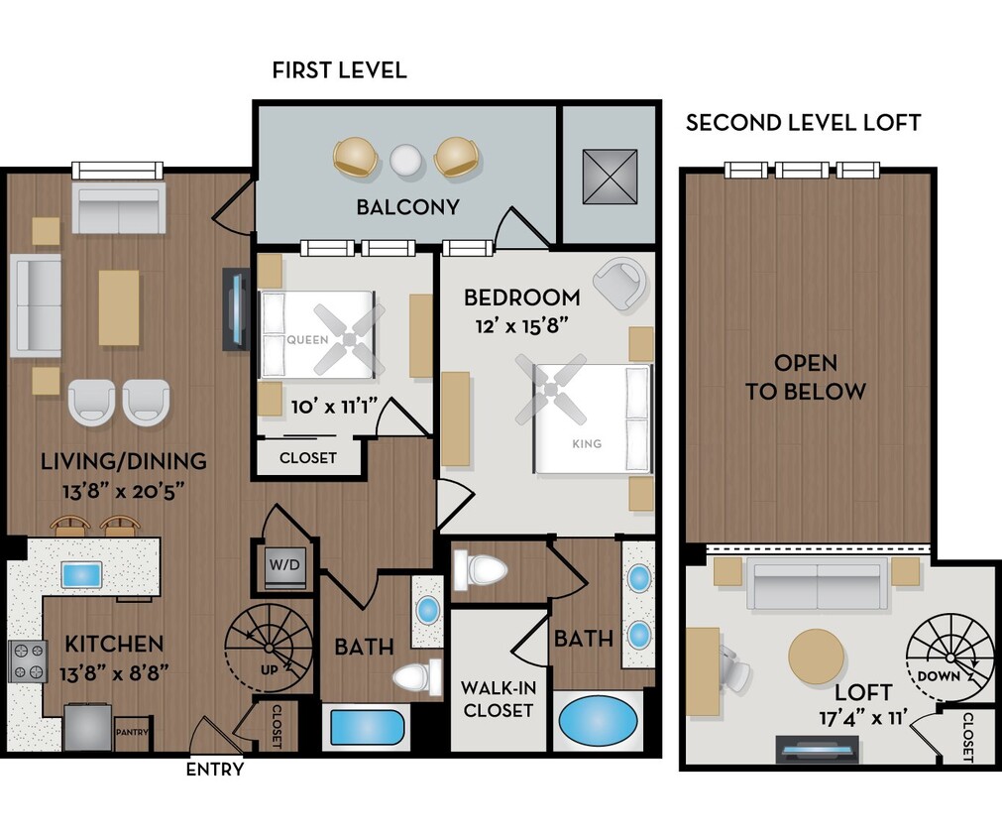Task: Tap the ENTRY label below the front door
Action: (214, 769)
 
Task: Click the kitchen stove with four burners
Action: (27, 661)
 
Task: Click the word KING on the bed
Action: (587, 443)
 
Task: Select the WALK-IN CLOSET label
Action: (498, 698)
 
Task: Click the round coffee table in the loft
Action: (817, 657)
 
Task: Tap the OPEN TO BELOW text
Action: (806, 377)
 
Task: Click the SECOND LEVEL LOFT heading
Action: (803, 123)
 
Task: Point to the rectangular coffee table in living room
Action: (119, 307)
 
